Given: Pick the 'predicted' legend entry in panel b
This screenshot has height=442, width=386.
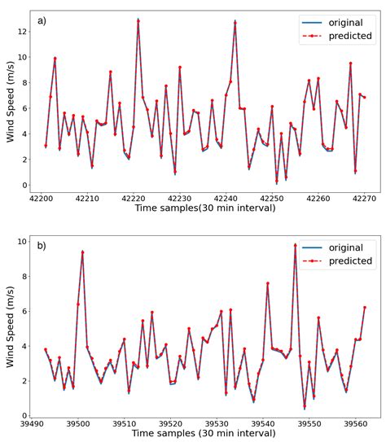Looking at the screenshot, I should point(343,261).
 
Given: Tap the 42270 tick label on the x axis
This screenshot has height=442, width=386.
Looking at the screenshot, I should point(364,198).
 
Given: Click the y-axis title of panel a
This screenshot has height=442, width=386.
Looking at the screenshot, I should point(10,101).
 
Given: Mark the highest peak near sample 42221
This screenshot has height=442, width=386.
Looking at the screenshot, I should point(138,20).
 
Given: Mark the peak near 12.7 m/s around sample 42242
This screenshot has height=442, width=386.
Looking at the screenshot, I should point(235,22).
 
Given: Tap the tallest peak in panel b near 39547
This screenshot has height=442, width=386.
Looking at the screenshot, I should point(295,244).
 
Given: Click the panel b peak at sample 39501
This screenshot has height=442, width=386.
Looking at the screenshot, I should point(82,252).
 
